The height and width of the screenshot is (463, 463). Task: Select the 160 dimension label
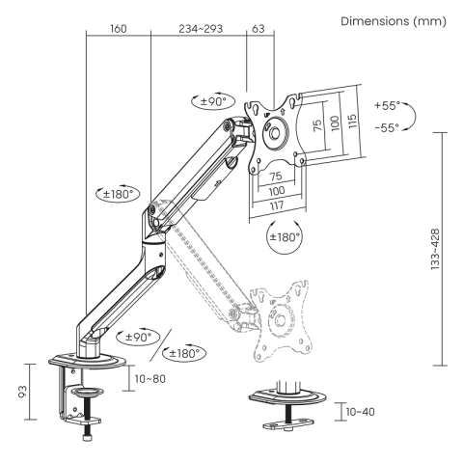pyautogui.click(x=118, y=30)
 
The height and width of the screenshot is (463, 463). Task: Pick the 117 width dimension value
pyautogui.click(x=277, y=206)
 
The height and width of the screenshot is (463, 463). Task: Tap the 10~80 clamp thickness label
pyautogui.click(x=152, y=379)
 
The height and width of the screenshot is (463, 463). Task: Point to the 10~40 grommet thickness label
pyautogui.click(x=362, y=413)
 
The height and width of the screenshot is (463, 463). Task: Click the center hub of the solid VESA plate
pyautogui.click(x=277, y=134)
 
